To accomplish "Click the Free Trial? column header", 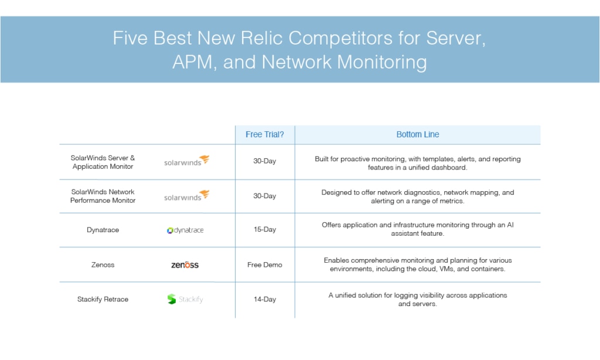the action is pyautogui.click(x=264, y=134).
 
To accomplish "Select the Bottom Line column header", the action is pyautogui.click(x=417, y=134).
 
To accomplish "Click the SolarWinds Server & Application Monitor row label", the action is pyautogui.click(x=103, y=162).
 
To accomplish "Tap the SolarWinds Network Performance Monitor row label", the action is pyautogui.click(x=103, y=196).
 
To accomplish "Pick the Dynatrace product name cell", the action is pyautogui.click(x=103, y=230).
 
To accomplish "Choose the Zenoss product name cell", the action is pyautogui.click(x=103, y=264).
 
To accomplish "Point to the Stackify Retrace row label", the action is pyautogui.click(x=103, y=299).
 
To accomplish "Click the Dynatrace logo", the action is pyautogui.click(x=185, y=230).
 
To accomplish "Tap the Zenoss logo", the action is pyautogui.click(x=185, y=264).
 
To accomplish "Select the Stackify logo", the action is pyautogui.click(x=185, y=299).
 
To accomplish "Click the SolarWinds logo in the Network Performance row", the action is pyautogui.click(x=187, y=195).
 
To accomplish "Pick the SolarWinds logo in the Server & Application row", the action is pyautogui.click(x=187, y=161).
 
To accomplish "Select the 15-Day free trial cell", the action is pyautogui.click(x=264, y=229).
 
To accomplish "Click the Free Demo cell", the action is pyautogui.click(x=264, y=264).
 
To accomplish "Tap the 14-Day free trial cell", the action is pyautogui.click(x=264, y=299).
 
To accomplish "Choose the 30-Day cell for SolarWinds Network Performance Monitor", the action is pyautogui.click(x=264, y=196).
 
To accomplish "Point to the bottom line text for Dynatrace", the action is pyautogui.click(x=417, y=229).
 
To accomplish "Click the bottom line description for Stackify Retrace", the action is pyautogui.click(x=417, y=300).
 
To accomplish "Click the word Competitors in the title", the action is pyautogui.click(x=340, y=38).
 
